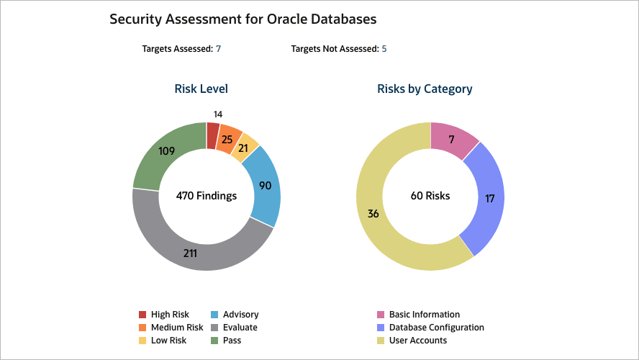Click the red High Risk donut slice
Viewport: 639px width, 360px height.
(212, 135)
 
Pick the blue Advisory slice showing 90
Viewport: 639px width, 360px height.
(264, 185)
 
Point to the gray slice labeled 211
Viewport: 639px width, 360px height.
(190, 253)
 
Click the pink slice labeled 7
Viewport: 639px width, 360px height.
(450, 138)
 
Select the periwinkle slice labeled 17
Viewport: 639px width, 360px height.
(489, 198)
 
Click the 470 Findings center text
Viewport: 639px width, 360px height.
(207, 195)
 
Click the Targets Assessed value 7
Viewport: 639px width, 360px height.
(218, 49)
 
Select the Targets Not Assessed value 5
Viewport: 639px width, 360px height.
(384, 49)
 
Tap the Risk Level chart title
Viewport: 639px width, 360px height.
(201, 89)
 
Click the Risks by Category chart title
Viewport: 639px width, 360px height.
(425, 89)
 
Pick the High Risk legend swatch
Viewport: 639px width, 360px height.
(142, 315)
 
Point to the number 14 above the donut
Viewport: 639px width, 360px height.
(219, 114)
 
